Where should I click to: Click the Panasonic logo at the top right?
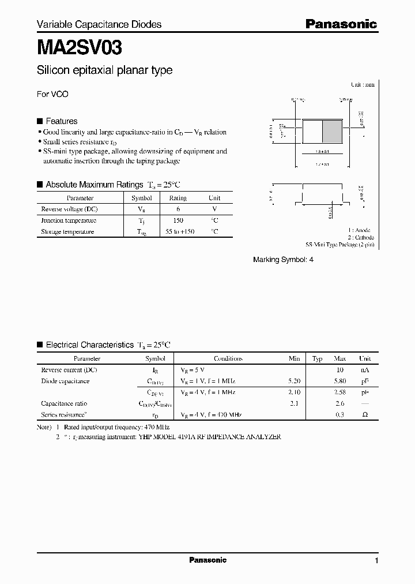coord(341,24)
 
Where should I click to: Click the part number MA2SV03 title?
coord(79,47)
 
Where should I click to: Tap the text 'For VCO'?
coord(52,94)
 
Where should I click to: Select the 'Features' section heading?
coord(61,121)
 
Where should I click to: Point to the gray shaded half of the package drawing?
coord(331,130)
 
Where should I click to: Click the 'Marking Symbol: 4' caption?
coord(283,260)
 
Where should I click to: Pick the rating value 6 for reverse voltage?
coord(178,209)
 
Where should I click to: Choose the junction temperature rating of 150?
coord(178,220)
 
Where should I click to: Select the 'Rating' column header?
coord(178,198)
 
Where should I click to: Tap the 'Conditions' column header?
coord(228,358)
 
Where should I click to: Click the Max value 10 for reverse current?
coord(340,369)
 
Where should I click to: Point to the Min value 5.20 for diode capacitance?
coord(294,381)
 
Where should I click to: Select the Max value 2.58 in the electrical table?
coord(340,392)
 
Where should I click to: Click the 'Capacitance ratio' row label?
coord(64,403)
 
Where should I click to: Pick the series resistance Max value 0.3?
coord(340,415)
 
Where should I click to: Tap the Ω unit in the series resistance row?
coord(365,415)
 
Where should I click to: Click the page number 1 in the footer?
coord(376,560)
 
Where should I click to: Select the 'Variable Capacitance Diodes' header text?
coord(99,24)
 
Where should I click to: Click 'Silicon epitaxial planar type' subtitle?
coord(104,70)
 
